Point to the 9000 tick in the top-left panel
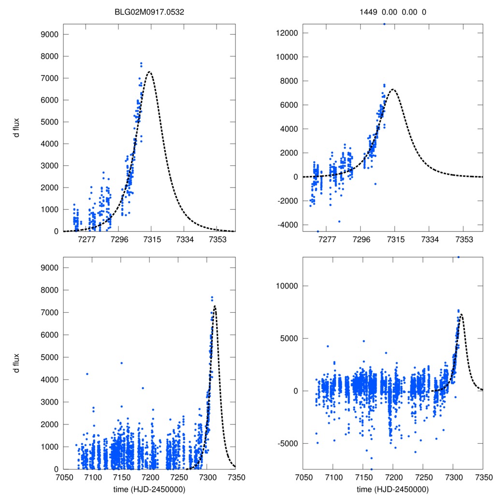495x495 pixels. [x=50, y=34]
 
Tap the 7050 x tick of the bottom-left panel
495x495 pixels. [x=64, y=478]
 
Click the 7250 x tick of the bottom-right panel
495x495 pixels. [x=423, y=478]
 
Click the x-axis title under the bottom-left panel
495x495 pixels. [x=149, y=489]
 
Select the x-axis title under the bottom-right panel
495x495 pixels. [x=393, y=489]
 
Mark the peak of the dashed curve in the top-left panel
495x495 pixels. [x=150, y=72]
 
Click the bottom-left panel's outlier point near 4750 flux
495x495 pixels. [x=121, y=363]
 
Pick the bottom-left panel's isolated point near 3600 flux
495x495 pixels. [x=143, y=388]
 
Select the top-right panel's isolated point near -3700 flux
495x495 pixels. [x=339, y=221]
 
